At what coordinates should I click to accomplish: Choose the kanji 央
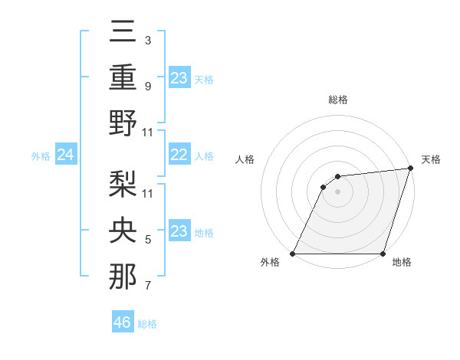tap(123, 231)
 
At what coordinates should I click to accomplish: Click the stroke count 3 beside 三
tap(147, 40)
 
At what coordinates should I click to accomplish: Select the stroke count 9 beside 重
tap(147, 86)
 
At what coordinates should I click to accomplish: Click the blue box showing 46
tap(123, 322)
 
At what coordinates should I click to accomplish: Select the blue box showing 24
tap(66, 155)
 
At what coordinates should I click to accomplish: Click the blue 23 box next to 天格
tap(179, 78)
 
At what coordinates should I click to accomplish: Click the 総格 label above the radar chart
tap(337, 100)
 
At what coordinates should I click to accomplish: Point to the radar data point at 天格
tap(411, 169)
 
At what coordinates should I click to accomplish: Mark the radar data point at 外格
tap(293, 254)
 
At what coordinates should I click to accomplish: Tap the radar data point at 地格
tap(383, 254)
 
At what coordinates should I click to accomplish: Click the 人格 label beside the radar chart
tap(245, 159)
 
